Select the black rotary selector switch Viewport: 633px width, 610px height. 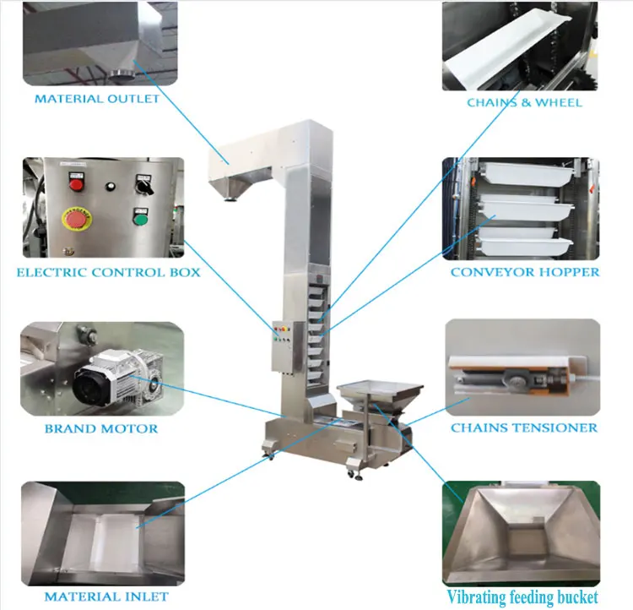coord(141,180)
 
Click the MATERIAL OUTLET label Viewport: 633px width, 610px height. coord(96,99)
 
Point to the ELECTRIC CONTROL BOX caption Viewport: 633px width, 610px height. coord(108,272)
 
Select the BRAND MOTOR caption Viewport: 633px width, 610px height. coord(100,428)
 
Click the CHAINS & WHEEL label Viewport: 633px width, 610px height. coord(524,102)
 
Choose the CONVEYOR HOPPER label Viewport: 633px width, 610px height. coord(524,272)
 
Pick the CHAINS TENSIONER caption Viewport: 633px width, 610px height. coord(524,428)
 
